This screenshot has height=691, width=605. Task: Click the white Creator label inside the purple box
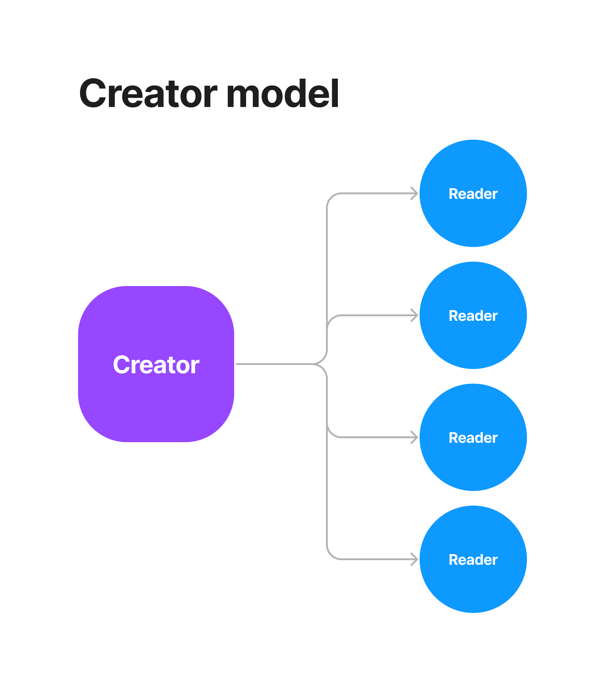coord(156,365)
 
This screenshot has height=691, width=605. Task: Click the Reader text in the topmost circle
coord(473,194)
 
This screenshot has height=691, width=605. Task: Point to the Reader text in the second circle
coord(473,316)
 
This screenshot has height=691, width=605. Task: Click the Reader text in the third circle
coord(473,438)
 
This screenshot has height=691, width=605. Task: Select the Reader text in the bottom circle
coord(473,559)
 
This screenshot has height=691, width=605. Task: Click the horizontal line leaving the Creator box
coord(274,364)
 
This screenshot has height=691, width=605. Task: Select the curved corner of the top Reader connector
coord(331,198)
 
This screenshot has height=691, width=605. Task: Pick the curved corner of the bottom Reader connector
coord(331,555)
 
